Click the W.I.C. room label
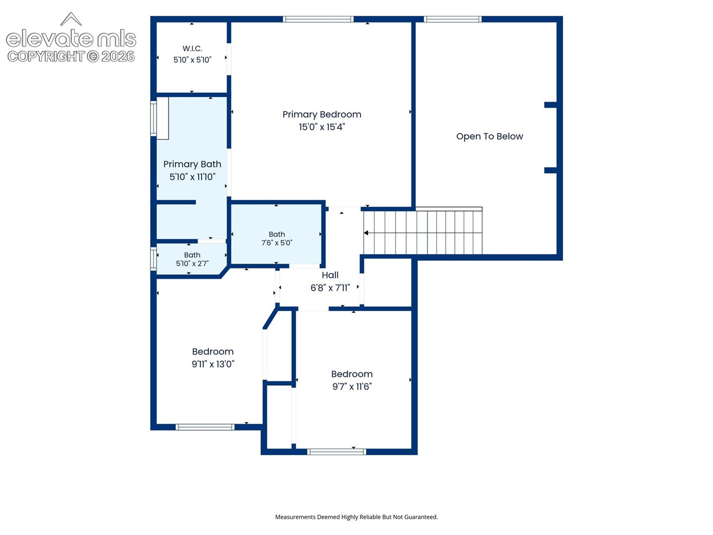tap(192, 49)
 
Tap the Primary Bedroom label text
tap(321, 114)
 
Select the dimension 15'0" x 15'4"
tap(321, 127)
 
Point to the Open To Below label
tap(490, 136)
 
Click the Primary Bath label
tap(192, 164)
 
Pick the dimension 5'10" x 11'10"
tap(192, 177)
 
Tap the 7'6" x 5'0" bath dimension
tap(277, 243)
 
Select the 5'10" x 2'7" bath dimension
tap(192, 264)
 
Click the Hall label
tap(330, 275)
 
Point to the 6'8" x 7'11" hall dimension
tap(330, 288)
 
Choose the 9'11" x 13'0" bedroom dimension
tap(213, 364)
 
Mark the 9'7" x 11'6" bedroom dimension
tap(352, 386)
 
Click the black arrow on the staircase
tap(366, 233)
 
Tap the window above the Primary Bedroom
tap(318, 19)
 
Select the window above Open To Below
tap(453, 19)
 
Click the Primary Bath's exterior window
tap(153, 118)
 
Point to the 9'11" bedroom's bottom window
tap(205, 427)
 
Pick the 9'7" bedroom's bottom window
tap(337, 451)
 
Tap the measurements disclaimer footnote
tap(356, 517)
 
